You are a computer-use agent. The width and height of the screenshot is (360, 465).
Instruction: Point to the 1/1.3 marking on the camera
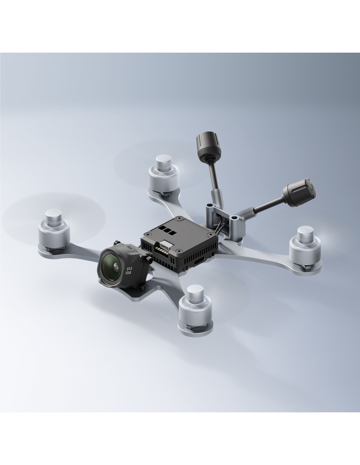coord(129,265)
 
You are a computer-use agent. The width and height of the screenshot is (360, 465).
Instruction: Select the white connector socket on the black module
coord(166,245)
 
